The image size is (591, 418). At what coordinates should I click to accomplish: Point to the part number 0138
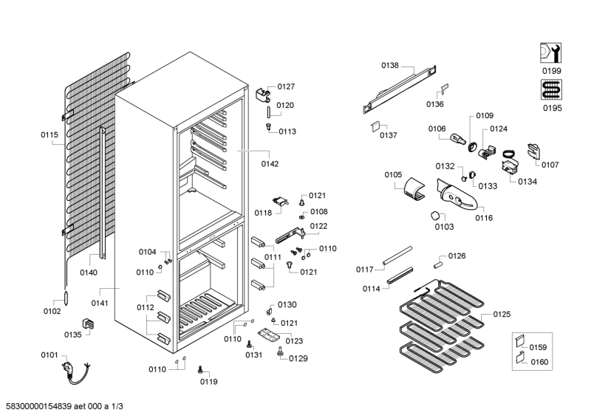point(389,66)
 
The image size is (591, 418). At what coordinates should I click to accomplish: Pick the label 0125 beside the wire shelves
point(502,315)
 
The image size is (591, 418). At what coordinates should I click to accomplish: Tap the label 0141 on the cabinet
point(100,303)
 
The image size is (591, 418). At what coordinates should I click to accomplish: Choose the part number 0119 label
point(209,382)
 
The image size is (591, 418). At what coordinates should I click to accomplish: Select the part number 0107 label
point(550,164)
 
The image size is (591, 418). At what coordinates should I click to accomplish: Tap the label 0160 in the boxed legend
point(539,362)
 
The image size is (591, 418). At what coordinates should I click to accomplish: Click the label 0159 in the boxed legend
point(539,346)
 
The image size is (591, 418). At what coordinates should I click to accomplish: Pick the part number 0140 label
point(89,273)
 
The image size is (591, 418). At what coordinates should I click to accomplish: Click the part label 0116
point(484,218)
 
